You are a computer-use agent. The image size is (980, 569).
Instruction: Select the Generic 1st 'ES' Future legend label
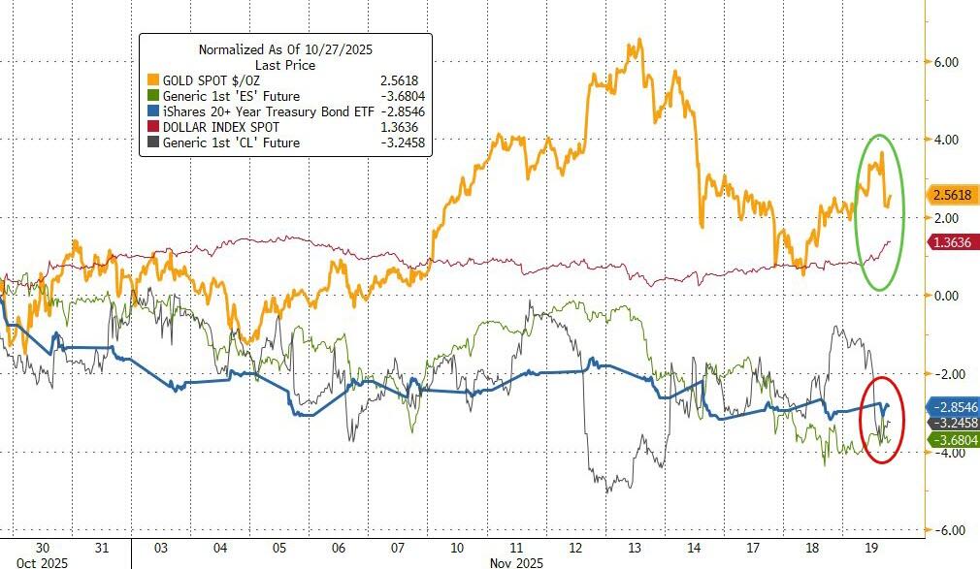217,96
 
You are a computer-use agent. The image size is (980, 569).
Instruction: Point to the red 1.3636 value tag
952,242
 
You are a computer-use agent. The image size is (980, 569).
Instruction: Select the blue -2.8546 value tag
952,407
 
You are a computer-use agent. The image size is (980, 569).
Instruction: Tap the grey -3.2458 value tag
952,424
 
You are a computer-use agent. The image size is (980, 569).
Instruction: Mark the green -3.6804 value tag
952,440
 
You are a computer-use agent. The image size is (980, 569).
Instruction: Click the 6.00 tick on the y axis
946,62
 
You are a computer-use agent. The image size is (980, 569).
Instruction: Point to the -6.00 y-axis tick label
944,530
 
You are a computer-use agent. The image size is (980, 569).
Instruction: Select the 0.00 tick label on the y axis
946,296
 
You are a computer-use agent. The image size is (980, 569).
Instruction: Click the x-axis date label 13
634,546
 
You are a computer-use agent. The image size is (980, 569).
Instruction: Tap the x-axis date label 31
102,546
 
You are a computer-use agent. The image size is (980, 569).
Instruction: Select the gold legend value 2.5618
407,79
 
